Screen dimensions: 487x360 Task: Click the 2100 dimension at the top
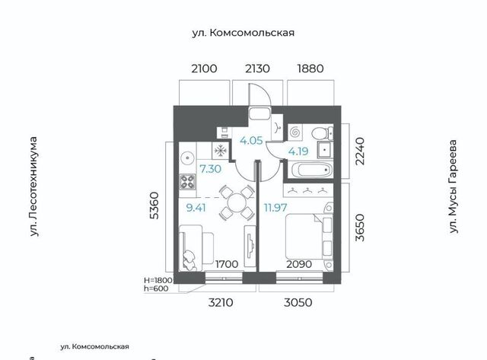point(204,68)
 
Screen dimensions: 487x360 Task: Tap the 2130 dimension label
point(257,68)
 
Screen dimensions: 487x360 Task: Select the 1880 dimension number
point(310,68)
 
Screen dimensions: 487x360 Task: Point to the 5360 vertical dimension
point(154,206)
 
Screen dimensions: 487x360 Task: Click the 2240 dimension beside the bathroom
point(360,151)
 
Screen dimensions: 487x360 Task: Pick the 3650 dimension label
point(360,228)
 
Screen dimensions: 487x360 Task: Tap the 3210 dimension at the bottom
point(221,302)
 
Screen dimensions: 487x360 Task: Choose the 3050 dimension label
point(298,302)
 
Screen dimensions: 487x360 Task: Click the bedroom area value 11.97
point(275,207)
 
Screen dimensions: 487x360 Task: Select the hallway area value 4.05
point(251,140)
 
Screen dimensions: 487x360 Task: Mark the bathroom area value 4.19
point(298,151)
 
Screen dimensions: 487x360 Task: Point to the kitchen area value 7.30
point(210,169)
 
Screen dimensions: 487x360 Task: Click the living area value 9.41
point(196,208)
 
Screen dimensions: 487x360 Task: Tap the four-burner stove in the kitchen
point(188,182)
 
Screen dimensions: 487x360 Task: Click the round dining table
point(237,203)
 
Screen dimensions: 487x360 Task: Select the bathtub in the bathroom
point(311,170)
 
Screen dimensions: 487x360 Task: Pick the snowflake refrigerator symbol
point(220,151)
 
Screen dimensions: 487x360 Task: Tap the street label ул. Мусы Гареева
point(454,186)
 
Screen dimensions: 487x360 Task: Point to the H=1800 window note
point(158,279)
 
